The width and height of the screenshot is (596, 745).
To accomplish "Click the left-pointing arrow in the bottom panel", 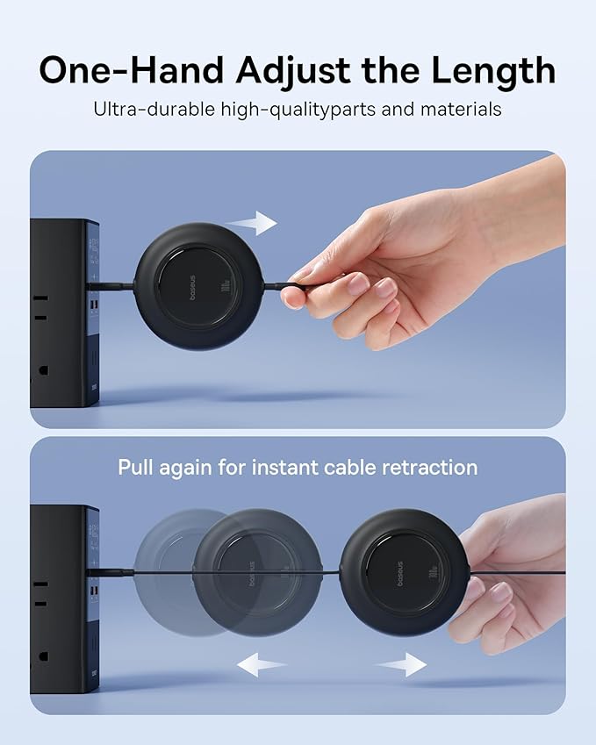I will [262, 664].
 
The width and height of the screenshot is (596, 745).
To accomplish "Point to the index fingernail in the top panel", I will [358, 282].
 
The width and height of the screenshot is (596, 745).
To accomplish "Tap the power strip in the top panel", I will [63, 312].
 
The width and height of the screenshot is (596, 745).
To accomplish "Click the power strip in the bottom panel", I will [63, 597].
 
